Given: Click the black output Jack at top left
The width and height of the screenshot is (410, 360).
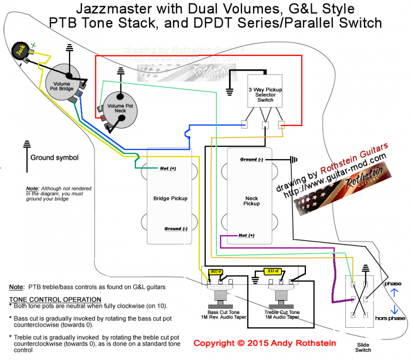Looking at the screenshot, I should click(19, 51).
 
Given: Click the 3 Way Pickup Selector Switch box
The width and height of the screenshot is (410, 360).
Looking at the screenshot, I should click(265, 92).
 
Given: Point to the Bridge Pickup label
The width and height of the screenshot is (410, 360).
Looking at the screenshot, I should click(170, 198).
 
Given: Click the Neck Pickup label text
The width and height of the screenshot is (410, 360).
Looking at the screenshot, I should click(252, 200).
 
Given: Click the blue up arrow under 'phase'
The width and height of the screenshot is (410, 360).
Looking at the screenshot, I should click(394, 293).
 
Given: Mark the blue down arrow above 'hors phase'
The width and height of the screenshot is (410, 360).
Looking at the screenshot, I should click(394, 309).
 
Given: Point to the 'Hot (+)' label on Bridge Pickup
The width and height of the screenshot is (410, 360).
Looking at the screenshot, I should click(168, 168).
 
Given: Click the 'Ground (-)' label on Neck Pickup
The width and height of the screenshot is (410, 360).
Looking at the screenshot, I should click(251, 160).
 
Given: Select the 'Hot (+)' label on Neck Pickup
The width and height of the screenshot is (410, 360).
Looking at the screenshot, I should click(247, 236).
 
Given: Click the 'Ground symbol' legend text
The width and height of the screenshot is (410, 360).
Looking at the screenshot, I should click(54, 157).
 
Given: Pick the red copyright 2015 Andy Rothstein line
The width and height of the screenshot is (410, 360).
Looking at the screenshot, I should click(266, 343).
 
